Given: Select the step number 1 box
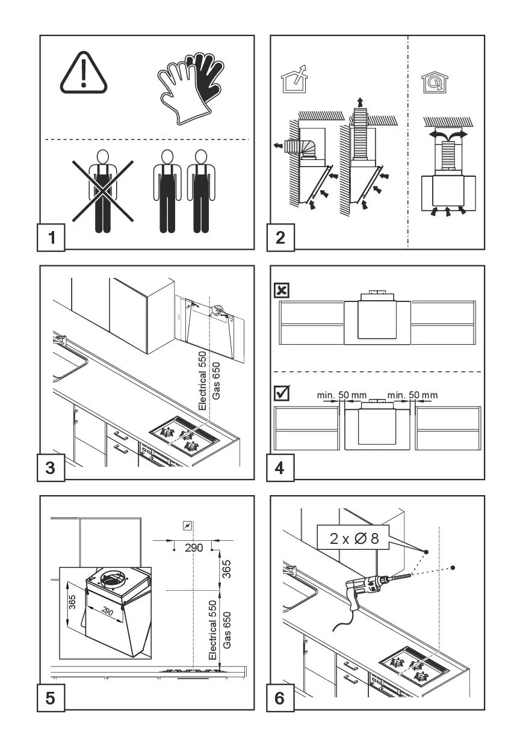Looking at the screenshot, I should point(51,237).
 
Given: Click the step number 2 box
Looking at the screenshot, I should point(281,237).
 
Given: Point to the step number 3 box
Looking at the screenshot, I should point(51,467).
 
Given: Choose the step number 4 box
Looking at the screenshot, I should point(281,467).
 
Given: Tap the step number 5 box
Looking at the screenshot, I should point(51,698).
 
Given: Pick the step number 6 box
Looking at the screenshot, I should point(281,698).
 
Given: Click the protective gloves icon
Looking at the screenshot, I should point(188,87).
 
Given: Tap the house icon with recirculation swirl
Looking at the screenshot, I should point(431,83).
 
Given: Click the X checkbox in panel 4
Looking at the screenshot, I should point(281,291).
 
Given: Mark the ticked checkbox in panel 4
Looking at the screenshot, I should point(281,394).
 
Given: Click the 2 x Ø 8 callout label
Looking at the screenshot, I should point(354,538).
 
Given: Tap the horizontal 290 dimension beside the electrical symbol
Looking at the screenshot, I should point(194,547).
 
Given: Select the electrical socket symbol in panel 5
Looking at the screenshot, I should point(188,525).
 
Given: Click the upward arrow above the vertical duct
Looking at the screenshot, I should point(360,100).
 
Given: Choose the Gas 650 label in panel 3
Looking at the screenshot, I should point(217,381).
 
